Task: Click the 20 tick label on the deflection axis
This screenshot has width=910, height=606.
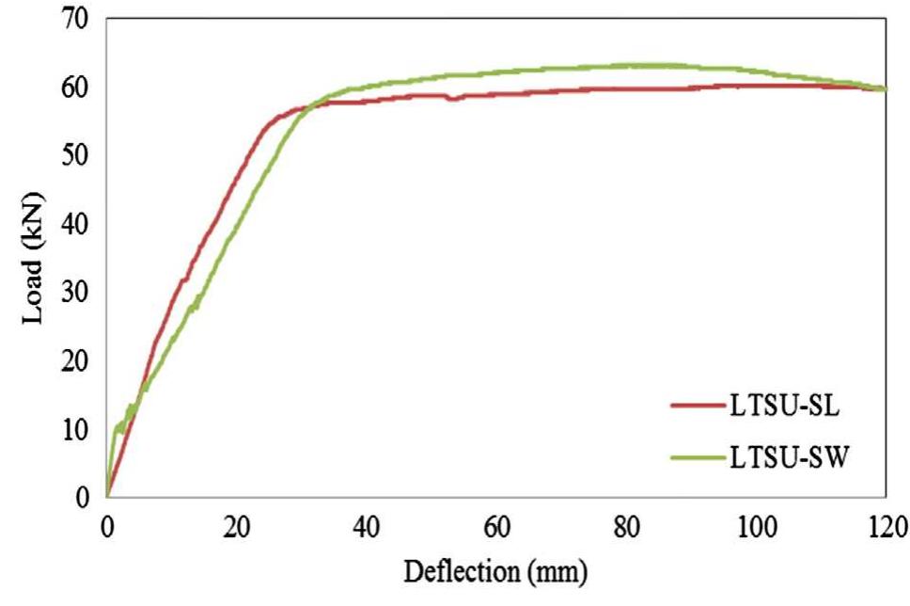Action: pos(236,523)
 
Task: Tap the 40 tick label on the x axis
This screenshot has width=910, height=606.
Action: pos(366,523)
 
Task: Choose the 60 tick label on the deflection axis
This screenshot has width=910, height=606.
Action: pos(495,523)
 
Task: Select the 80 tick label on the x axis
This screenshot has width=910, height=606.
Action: pos(625,523)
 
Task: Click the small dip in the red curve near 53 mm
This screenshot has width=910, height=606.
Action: pos(452,98)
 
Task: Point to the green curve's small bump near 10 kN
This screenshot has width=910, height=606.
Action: pos(118,426)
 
